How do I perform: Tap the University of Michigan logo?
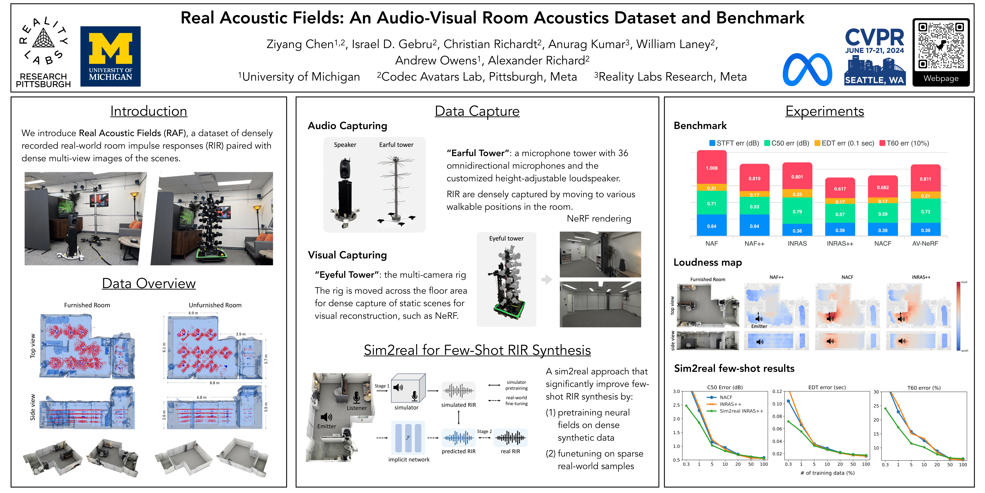(x=111, y=56)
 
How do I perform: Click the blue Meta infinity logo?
(x=807, y=70)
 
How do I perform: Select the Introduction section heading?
(x=149, y=111)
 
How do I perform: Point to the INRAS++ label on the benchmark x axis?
(x=840, y=243)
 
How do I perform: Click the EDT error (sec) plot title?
(x=827, y=387)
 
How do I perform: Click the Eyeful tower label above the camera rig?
(x=506, y=238)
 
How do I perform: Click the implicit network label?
(x=409, y=460)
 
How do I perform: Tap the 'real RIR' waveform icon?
(x=511, y=438)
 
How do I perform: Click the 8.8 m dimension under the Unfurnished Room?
(x=214, y=383)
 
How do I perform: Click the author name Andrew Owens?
(x=436, y=60)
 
